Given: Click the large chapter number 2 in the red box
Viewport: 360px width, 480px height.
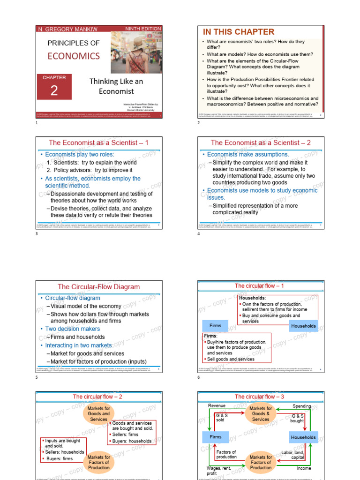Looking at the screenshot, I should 54,91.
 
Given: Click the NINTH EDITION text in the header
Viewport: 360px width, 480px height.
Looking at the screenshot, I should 143,29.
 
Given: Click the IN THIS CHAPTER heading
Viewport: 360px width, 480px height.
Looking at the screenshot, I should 238,32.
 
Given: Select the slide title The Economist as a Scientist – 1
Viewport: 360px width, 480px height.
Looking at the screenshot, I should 98,142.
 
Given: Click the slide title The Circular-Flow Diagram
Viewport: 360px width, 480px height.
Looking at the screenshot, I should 98,286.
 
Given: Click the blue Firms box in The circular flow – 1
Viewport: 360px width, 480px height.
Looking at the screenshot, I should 216,325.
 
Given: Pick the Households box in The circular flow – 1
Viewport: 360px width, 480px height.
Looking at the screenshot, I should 303,326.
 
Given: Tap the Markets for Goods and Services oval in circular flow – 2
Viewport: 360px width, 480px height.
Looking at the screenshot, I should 98,414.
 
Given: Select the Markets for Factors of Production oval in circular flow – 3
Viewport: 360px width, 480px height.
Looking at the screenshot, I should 261,462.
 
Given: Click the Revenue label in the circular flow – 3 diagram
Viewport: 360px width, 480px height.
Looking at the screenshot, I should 217,405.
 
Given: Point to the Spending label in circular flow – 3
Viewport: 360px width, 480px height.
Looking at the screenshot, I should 302,405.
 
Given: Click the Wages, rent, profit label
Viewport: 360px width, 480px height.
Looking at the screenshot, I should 218,471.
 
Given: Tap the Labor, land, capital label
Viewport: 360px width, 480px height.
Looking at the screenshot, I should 293,455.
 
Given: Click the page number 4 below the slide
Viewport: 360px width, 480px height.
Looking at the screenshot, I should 199,233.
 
